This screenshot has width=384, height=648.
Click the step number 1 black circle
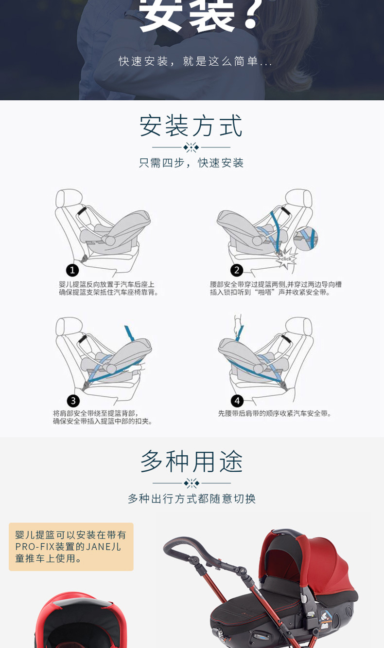pos(72,270)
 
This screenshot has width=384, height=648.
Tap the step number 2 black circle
pos(237,270)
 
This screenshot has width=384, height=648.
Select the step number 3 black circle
pos(73,401)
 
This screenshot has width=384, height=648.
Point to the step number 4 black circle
pos(237,401)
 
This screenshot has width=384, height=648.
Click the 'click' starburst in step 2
pos(286,259)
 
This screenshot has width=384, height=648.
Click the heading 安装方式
pos(191,126)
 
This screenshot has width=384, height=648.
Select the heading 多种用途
pos(192,461)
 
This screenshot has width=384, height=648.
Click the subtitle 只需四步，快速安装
pos(191,163)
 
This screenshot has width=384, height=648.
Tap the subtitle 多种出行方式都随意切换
pos(192,499)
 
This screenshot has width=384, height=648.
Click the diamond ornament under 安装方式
pos(191,147)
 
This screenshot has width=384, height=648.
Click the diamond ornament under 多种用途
pos(192,483)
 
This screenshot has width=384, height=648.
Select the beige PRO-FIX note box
pos(71,547)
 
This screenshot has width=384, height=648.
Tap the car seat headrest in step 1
pos(69,198)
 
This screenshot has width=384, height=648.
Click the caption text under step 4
pos(274,413)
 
